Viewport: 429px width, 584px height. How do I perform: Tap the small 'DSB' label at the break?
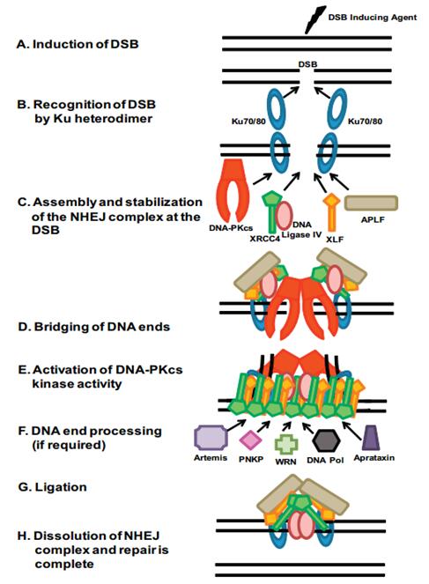308,64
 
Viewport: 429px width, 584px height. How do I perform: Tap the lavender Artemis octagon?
213,436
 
